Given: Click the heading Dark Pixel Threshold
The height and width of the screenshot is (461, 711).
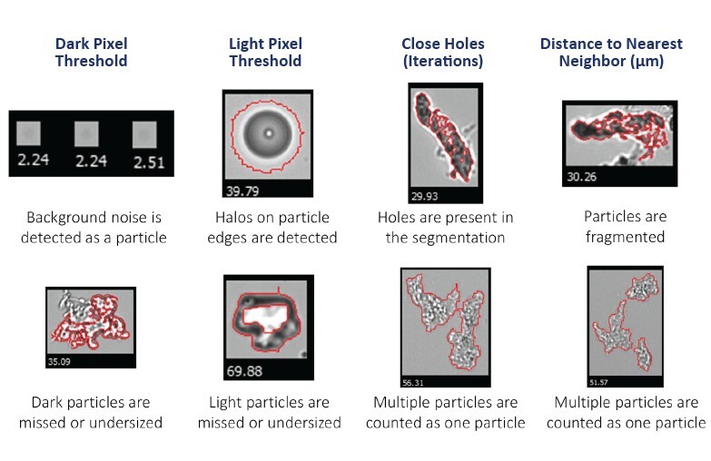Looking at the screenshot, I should click(91, 53).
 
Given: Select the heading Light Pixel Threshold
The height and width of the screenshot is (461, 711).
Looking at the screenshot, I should click(265, 53).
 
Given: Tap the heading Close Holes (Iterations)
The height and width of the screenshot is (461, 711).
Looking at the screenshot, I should click(442, 53).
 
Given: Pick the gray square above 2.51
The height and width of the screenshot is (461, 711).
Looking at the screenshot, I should click(144, 135).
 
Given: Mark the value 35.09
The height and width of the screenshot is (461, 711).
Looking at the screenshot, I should click(57, 361).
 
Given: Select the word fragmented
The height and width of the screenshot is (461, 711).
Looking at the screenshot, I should click(625, 238).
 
